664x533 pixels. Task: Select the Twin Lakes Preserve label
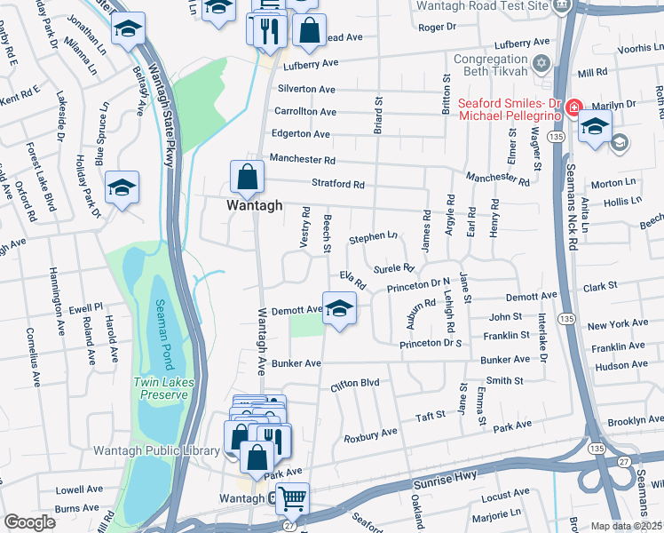162,388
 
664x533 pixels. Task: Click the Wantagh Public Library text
156,450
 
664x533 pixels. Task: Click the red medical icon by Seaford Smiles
573,107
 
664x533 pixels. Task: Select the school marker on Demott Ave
337,308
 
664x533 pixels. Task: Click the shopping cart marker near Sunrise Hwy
292,498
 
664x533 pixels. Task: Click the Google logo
29,522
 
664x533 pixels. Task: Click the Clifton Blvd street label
354,384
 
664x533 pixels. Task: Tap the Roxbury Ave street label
370,435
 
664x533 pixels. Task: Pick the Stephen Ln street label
373,238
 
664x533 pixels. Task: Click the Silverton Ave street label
306,90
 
